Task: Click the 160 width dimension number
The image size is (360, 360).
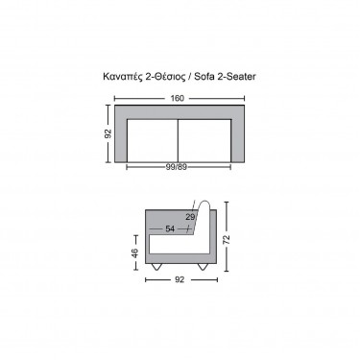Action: pyautogui.click(x=178, y=98)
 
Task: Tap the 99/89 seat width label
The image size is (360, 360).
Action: pyautogui.click(x=177, y=167)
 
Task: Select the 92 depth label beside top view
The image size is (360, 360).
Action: pyautogui.click(x=108, y=133)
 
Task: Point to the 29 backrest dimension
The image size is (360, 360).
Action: pyautogui.click(x=190, y=217)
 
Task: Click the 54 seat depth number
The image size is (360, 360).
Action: pyautogui.click(x=170, y=228)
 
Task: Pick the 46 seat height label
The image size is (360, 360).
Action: pyautogui.click(x=135, y=252)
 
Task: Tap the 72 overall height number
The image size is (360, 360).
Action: pyautogui.click(x=227, y=240)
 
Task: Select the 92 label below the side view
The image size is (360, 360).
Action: pyautogui.click(x=180, y=279)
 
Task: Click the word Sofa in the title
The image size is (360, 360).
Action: pyautogui.click(x=204, y=77)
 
